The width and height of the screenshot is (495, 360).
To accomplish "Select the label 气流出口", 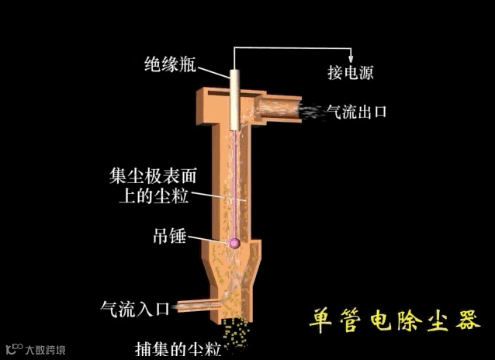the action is (356, 112).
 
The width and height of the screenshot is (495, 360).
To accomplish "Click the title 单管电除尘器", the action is (395, 320).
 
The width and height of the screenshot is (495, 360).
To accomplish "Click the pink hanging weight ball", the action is (234, 244).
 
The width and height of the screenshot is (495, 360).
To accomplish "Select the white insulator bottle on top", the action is (234, 97).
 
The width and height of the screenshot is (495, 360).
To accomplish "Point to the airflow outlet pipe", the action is (279, 108).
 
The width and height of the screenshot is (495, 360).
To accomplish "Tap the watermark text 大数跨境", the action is (45, 349).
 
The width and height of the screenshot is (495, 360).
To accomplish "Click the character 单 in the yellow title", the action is (321, 320).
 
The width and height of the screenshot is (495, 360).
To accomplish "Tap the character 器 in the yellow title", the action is (469, 320).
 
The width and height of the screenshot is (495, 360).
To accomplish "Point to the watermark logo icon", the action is (13, 348).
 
